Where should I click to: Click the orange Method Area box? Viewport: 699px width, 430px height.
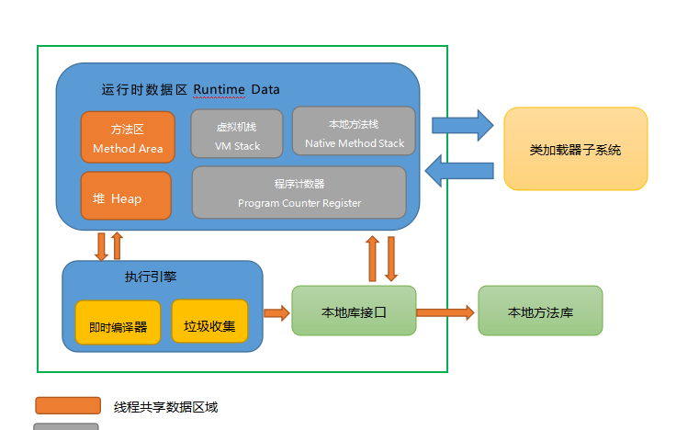[x=128, y=137]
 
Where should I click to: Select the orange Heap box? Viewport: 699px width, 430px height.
[x=126, y=196]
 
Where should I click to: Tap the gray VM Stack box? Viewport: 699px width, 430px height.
[x=237, y=134]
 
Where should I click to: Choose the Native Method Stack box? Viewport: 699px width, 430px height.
[x=354, y=130]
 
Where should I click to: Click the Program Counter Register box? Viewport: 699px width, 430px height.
[x=299, y=192]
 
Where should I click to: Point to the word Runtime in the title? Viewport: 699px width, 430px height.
[x=219, y=90]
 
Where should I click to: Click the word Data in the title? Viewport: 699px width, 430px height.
[x=265, y=90]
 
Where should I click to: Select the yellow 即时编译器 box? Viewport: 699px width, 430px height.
[x=118, y=322]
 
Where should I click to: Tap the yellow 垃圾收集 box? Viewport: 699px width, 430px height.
[x=209, y=322]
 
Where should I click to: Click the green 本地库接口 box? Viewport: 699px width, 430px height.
[x=354, y=311]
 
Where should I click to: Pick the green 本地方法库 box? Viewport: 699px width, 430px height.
[x=540, y=311]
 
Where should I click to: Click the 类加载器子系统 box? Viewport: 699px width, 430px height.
[x=576, y=149]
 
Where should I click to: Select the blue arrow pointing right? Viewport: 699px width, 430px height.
[x=463, y=125]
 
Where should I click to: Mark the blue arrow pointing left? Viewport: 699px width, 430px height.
[x=459, y=170]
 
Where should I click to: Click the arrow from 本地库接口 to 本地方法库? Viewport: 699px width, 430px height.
[x=445, y=312]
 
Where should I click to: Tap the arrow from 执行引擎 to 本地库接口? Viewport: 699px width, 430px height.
[x=276, y=312]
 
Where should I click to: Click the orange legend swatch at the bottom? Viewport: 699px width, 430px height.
[x=68, y=405]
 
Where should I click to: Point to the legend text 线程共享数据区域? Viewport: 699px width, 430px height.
[x=165, y=407]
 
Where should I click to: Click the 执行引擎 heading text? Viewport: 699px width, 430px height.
[x=151, y=277]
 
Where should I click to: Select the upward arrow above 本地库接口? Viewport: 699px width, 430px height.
[x=372, y=258]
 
